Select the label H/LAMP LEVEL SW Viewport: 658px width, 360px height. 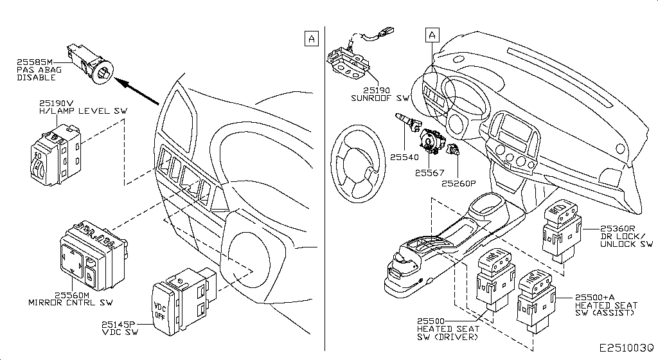[84, 111]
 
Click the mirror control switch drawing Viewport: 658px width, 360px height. [92, 255]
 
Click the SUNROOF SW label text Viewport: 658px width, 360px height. [380, 98]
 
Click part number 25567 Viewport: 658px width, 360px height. [429, 172]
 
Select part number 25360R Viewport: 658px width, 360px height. [618, 228]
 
